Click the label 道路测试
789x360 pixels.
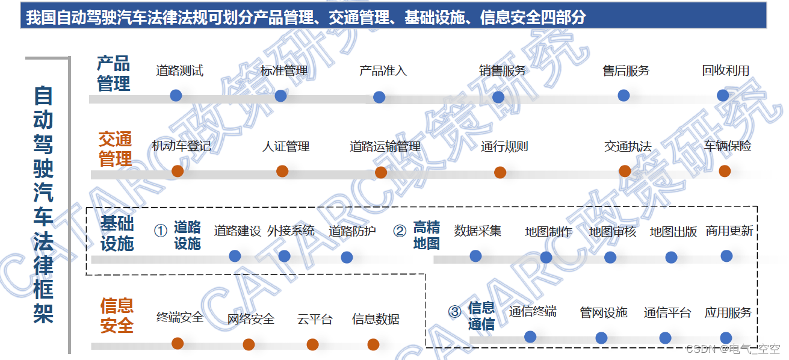pyautogui.click(x=179, y=71)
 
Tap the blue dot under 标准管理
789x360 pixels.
pyautogui.click(x=280, y=96)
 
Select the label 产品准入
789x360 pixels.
pyautogui.click(x=383, y=71)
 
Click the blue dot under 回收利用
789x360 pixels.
pyautogui.click(x=723, y=96)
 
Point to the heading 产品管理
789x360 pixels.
pyautogui.click(x=114, y=73)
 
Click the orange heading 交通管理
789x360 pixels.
pyautogui.click(x=115, y=149)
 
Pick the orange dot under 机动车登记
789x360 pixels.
pyautogui.click(x=178, y=171)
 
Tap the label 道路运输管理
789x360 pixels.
pyautogui.click(x=385, y=146)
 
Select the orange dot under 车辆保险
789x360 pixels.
pyautogui.click(x=725, y=171)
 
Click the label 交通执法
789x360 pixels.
pyautogui.click(x=628, y=146)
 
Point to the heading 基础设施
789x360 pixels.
pyautogui.click(x=117, y=234)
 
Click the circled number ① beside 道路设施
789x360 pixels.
pyautogui.click(x=160, y=231)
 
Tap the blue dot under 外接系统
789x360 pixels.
pyautogui.click(x=285, y=256)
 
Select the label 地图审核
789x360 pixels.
pyautogui.click(x=612, y=232)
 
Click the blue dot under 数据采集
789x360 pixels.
pyautogui.click(x=475, y=256)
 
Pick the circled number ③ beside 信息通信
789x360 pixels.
pyautogui.click(x=455, y=311)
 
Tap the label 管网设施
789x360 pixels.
pyautogui.click(x=603, y=312)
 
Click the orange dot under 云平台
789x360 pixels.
pyautogui.click(x=312, y=344)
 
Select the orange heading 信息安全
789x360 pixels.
pyautogui.click(x=117, y=315)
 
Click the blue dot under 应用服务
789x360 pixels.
pyautogui.click(x=726, y=338)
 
